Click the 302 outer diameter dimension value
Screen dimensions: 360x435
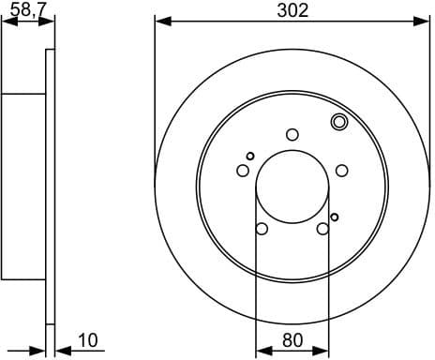292,10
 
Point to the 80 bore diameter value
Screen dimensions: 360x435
292,341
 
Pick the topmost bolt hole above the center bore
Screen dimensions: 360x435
292,134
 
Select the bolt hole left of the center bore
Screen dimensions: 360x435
243,171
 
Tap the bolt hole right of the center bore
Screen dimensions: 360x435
342,170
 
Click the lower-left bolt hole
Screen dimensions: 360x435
262,229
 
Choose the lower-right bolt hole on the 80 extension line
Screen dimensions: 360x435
323,229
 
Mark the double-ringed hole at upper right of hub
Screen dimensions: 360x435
339,121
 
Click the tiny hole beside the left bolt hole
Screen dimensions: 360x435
250,156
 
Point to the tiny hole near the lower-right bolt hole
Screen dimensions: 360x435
334,217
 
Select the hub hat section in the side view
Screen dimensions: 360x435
23,187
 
